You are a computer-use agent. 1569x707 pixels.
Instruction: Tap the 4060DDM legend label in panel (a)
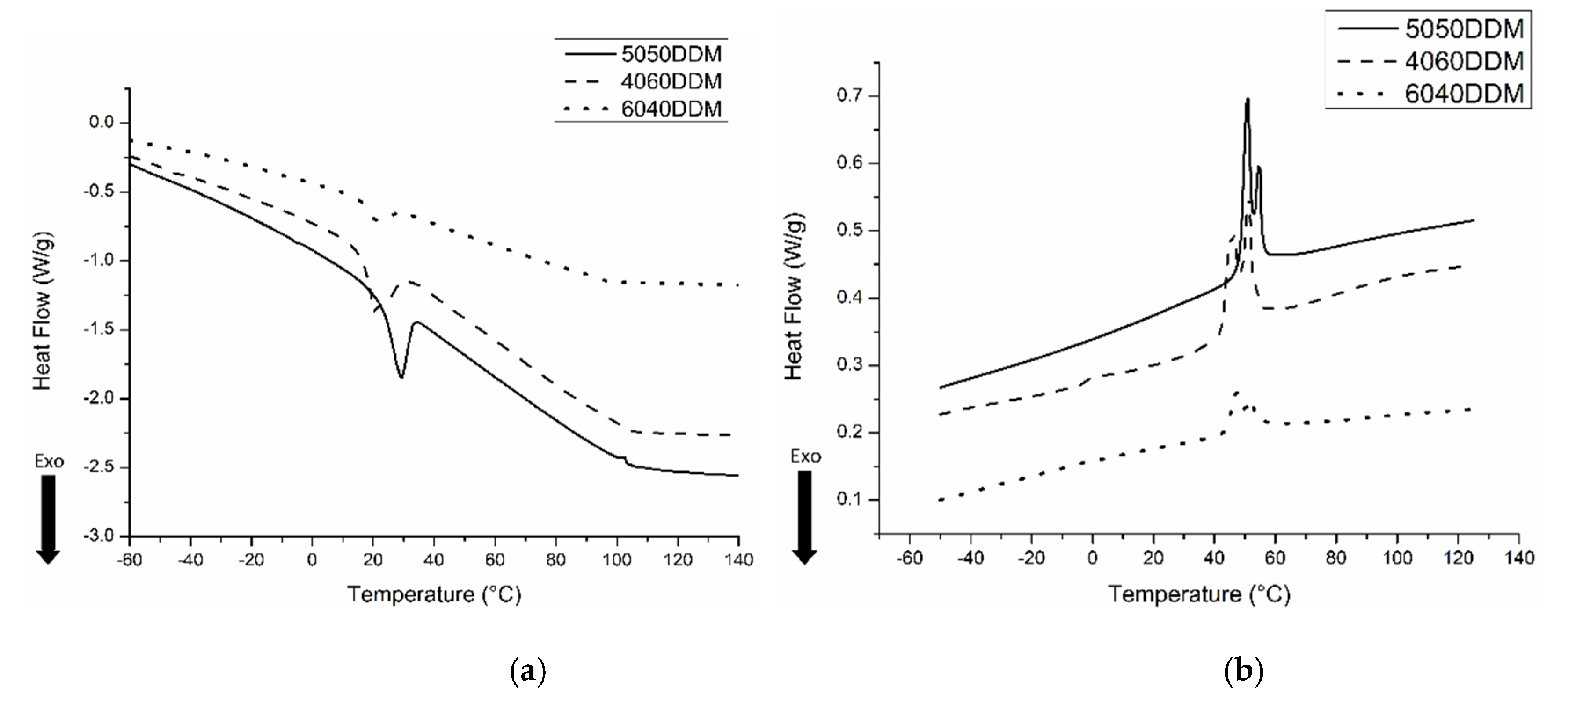pyautogui.click(x=671, y=82)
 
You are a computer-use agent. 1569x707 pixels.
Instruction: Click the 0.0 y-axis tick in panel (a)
pyautogui.click(x=102, y=122)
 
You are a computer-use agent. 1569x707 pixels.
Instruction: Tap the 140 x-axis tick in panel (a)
pyautogui.click(x=739, y=559)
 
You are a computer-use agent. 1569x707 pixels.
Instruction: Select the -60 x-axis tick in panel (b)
pyautogui.click(x=909, y=558)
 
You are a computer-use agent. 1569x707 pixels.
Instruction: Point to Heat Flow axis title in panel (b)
pyautogui.click(x=794, y=297)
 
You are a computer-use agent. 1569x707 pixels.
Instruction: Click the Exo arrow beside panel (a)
pyautogui.click(x=48, y=517)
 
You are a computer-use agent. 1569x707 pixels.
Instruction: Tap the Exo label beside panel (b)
pyautogui.click(x=805, y=456)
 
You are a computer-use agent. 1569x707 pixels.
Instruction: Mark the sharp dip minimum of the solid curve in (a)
pyautogui.click(x=401, y=377)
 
